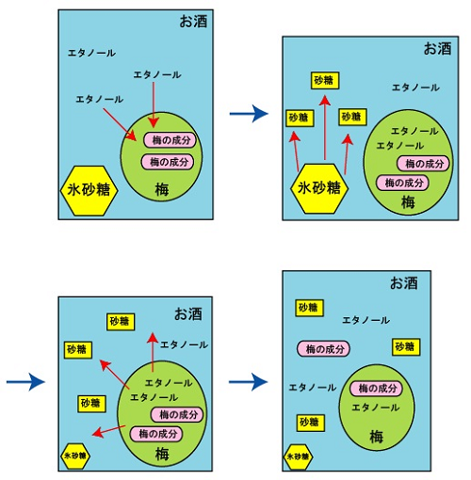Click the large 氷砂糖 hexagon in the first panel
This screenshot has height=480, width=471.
click(x=89, y=190)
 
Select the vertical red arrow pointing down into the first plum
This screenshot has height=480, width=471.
click(x=154, y=104)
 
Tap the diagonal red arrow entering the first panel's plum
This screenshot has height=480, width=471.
click(x=120, y=124)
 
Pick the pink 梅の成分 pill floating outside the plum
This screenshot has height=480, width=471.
click(x=323, y=349)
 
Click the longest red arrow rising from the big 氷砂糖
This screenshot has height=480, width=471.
click(x=325, y=128)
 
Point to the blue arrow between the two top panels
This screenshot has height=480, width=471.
click(x=249, y=114)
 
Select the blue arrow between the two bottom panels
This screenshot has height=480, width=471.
click(x=249, y=382)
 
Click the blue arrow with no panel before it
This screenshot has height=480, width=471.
click(x=26, y=382)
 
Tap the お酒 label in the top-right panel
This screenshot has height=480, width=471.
click(x=437, y=49)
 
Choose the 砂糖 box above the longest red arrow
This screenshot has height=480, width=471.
click(x=325, y=81)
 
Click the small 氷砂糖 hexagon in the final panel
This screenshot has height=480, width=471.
click(x=298, y=456)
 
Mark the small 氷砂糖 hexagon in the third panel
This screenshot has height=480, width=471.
click(x=75, y=456)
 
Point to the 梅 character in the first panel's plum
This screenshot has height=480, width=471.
click(x=162, y=189)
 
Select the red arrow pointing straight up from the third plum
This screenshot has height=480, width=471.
click(x=153, y=352)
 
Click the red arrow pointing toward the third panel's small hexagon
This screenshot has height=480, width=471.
click(x=109, y=431)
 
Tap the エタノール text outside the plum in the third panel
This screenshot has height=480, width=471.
click(x=184, y=344)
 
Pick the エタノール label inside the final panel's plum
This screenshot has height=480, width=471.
click(x=375, y=408)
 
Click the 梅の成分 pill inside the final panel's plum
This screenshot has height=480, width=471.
click(x=377, y=389)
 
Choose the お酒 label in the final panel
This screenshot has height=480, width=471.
click(x=404, y=283)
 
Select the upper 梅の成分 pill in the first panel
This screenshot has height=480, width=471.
click(x=170, y=140)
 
